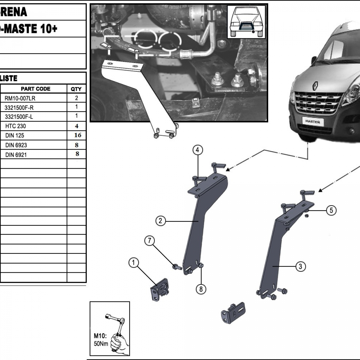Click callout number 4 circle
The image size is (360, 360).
198,150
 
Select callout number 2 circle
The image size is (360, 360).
160,221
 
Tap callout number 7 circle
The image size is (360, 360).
150,241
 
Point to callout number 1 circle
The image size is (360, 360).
133,263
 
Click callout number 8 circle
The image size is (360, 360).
201,289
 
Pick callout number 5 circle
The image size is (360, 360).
331,210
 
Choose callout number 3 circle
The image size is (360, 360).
301,266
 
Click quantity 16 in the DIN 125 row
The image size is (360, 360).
77,135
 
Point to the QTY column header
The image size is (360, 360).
76,89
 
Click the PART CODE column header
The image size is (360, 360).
35,89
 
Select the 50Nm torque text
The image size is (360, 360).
101,344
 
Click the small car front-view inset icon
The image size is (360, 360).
246,22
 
